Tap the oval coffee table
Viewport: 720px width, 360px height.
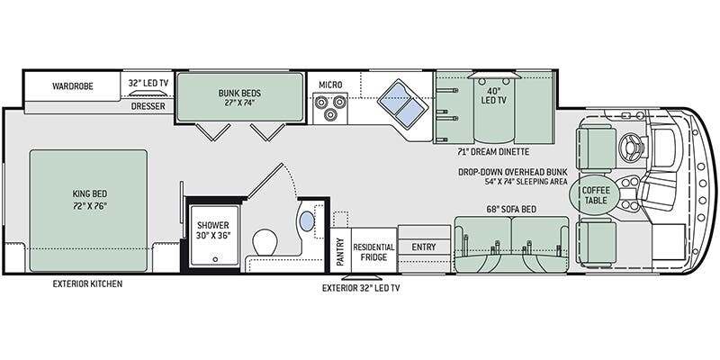[596, 195]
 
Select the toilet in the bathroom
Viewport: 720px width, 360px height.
[265, 242]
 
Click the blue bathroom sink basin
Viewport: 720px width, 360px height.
[307, 221]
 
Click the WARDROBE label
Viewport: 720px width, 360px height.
[73, 85]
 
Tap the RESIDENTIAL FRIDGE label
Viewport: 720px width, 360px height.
[373, 252]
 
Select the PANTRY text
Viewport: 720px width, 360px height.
[340, 252]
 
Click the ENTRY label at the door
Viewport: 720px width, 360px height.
[423, 247]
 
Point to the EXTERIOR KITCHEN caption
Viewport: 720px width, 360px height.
[87, 283]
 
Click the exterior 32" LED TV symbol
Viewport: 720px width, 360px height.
[361, 277]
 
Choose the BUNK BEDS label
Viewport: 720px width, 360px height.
[239, 98]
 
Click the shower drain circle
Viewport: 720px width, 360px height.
[215, 259]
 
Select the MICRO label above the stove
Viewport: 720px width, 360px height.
[330, 85]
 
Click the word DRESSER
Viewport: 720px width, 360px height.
[148, 106]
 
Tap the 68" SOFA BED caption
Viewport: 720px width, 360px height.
[510, 210]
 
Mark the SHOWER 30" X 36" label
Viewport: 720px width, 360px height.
[213, 230]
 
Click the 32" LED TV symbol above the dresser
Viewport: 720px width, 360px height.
[147, 94]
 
